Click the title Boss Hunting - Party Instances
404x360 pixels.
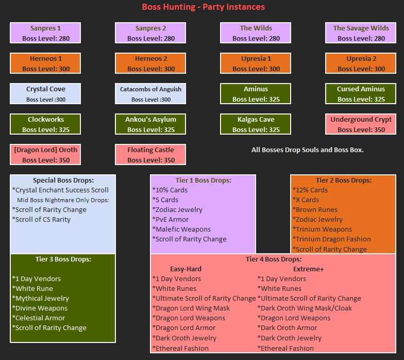(x=203, y=7)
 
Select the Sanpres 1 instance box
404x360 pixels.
(x=45, y=33)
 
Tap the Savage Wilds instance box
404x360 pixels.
(x=361, y=33)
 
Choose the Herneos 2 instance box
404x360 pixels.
(x=150, y=63)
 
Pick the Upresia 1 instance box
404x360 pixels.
(x=256, y=63)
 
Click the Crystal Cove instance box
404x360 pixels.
(x=45, y=94)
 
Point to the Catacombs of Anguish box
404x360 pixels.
(x=150, y=94)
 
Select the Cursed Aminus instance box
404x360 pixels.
(x=361, y=94)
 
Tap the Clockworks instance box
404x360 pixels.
(x=45, y=124)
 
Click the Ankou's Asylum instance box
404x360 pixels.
(x=150, y=124)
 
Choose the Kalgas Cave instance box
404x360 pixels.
(x=256, y=124)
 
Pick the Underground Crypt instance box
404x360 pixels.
(x=361, y=124)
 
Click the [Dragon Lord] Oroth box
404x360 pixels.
(x=45, y=155)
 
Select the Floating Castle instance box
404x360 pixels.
(x=150, y=155)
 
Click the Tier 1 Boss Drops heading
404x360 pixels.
(x=203, y=181)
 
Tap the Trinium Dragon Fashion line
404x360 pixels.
(x=331, y=239)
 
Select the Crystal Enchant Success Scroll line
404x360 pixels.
(x=60, y=190)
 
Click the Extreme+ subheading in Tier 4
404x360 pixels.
(x=308, y=269)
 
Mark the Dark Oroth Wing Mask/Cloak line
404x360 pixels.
(x=305, y=308)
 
